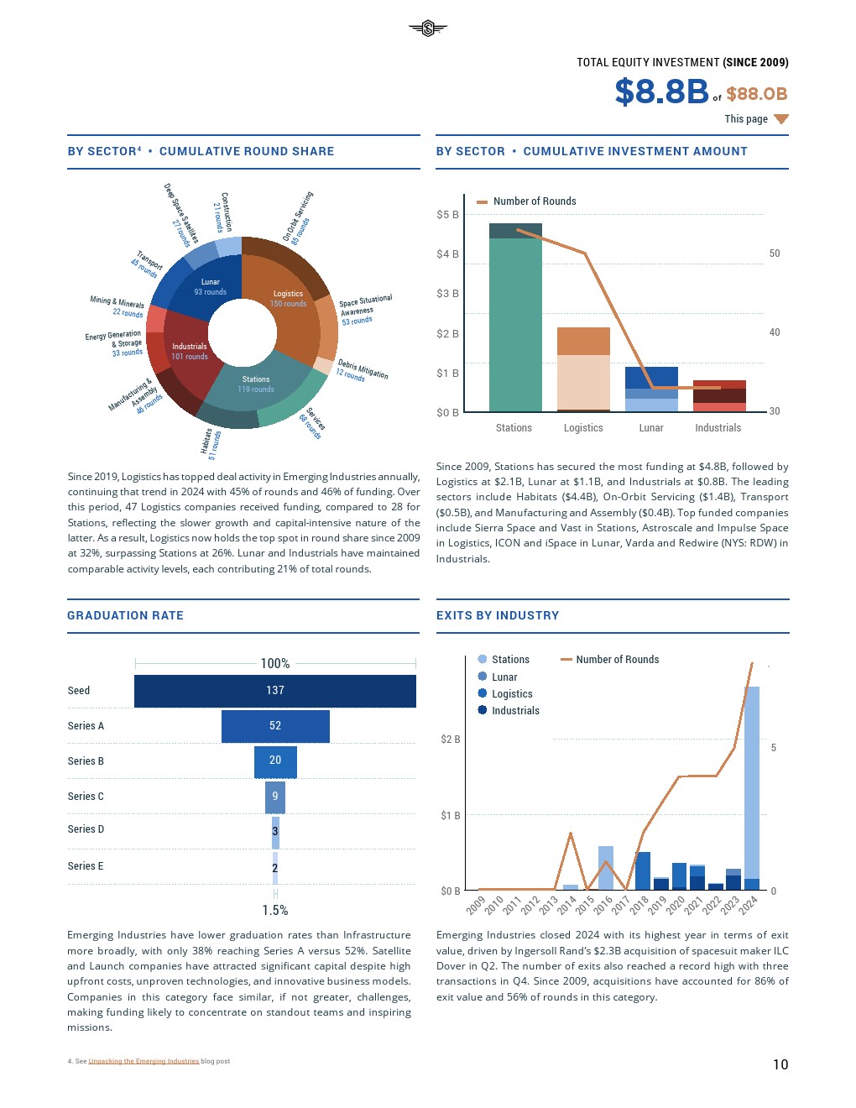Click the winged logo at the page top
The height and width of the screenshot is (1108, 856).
428,29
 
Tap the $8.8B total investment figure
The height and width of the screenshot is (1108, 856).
661,91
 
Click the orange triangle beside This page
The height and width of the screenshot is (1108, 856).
781,119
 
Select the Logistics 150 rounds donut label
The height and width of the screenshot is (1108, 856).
288,299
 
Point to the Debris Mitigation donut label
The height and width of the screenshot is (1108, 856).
362,370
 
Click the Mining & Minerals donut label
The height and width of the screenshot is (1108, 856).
117,306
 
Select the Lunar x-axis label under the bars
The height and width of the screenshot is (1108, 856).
651,428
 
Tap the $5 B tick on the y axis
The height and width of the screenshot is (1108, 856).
447,215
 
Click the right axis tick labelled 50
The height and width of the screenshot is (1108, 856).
775,253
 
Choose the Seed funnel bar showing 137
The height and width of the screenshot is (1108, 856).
275,691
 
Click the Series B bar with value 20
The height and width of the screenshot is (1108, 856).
275,761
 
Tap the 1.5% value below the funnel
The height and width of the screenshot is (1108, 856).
275,911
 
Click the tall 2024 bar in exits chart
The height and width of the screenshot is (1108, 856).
752,785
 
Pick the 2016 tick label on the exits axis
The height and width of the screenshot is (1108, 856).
603,905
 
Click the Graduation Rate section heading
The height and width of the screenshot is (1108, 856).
125,615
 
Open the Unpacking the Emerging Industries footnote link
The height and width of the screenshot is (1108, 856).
144,1061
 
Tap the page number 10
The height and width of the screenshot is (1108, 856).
780,1064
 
